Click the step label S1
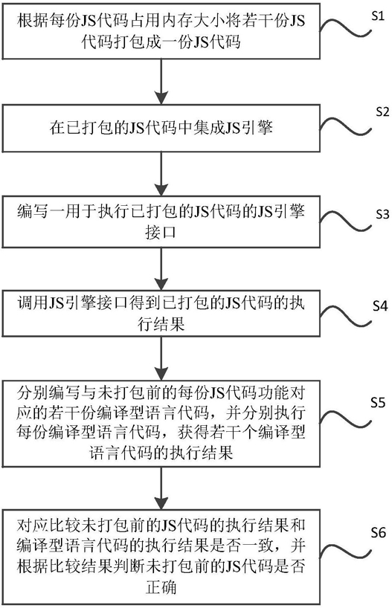(378, 16)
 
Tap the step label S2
(382, 112)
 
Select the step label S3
(382, 214)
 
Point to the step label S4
(380, 306)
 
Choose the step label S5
(378, 403)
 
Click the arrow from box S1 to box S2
(161, 82)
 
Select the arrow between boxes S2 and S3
(161, 174)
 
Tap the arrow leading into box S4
(161, 269)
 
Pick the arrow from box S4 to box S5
(161, 358)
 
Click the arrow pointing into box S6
(161, 488)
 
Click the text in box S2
(161, 128)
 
